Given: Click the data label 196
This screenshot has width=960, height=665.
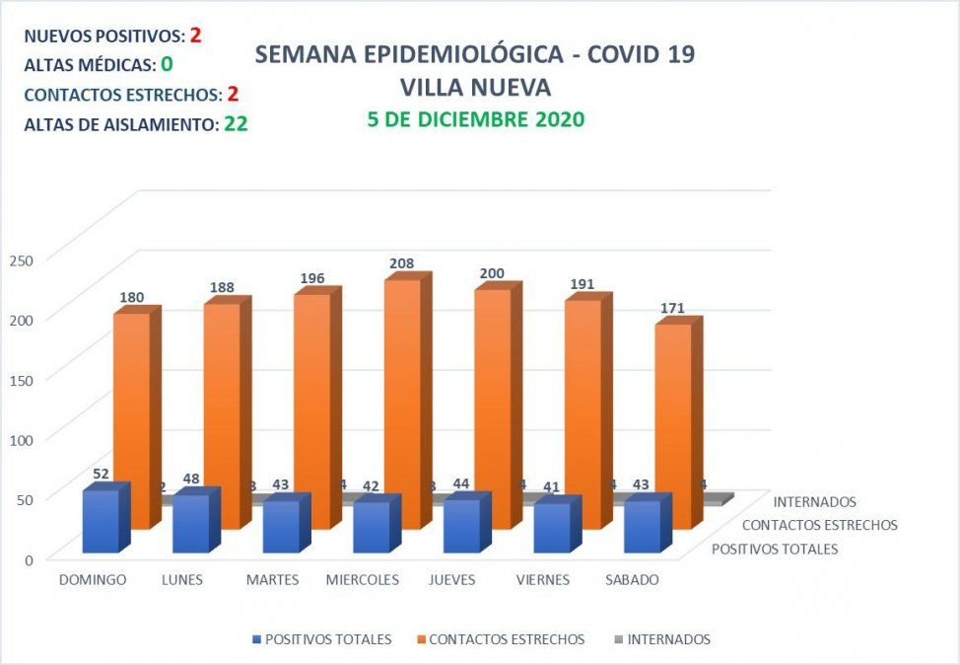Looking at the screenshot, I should [311, 279].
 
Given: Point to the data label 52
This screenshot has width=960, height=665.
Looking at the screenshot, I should [102, 474].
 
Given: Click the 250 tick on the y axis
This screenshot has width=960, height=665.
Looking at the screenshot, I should [22, 259].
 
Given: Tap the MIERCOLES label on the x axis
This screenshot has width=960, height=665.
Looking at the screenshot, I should [363, 580].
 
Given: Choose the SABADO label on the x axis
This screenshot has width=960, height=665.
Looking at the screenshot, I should [632, 580].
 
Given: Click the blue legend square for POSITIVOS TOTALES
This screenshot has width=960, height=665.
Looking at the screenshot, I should [258, 639].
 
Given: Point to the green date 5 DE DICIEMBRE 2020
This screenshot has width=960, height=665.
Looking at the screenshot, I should [475, 119].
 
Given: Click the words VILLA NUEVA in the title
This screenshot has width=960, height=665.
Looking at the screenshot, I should [475, 87].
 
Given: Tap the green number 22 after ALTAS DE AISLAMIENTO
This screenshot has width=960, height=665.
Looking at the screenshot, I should [235, 125].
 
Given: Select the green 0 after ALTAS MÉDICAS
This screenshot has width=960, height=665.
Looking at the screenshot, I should [167, 65].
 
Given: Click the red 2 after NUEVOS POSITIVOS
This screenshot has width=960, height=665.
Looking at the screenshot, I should [196, 36].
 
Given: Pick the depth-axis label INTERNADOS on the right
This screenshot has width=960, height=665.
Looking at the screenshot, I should [814, 502].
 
